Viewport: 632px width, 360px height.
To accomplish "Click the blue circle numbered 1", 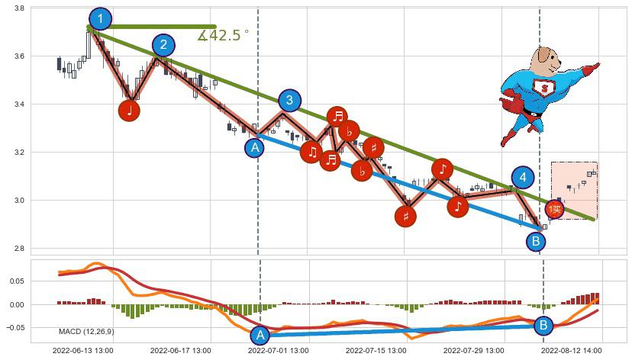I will (x=100, y=19).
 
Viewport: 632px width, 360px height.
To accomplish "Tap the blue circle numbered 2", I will (x=163, y=45).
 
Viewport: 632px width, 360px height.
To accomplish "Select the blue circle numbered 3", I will (x=289, y=100).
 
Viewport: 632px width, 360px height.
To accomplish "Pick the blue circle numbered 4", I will (x=522, y=178).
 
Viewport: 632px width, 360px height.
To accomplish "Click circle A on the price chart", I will (x=254, y=148).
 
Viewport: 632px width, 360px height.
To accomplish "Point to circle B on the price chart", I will (x=536, y=241).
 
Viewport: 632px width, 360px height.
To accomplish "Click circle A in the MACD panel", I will (x=260, y=335).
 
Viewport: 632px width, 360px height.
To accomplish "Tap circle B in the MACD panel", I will (x=543, y=325).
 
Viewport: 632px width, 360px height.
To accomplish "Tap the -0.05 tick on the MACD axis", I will (x=15, y=328).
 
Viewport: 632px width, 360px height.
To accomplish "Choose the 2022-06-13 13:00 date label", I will (x=83, y=352).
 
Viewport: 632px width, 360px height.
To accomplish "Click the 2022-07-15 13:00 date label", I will (x=376, y=352).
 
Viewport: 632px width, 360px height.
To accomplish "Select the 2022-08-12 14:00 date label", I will (x=572, y=352).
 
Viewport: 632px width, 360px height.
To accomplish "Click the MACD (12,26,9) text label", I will (x=86, y=331).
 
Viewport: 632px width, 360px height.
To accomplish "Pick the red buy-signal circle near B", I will (x=555, y=209).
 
